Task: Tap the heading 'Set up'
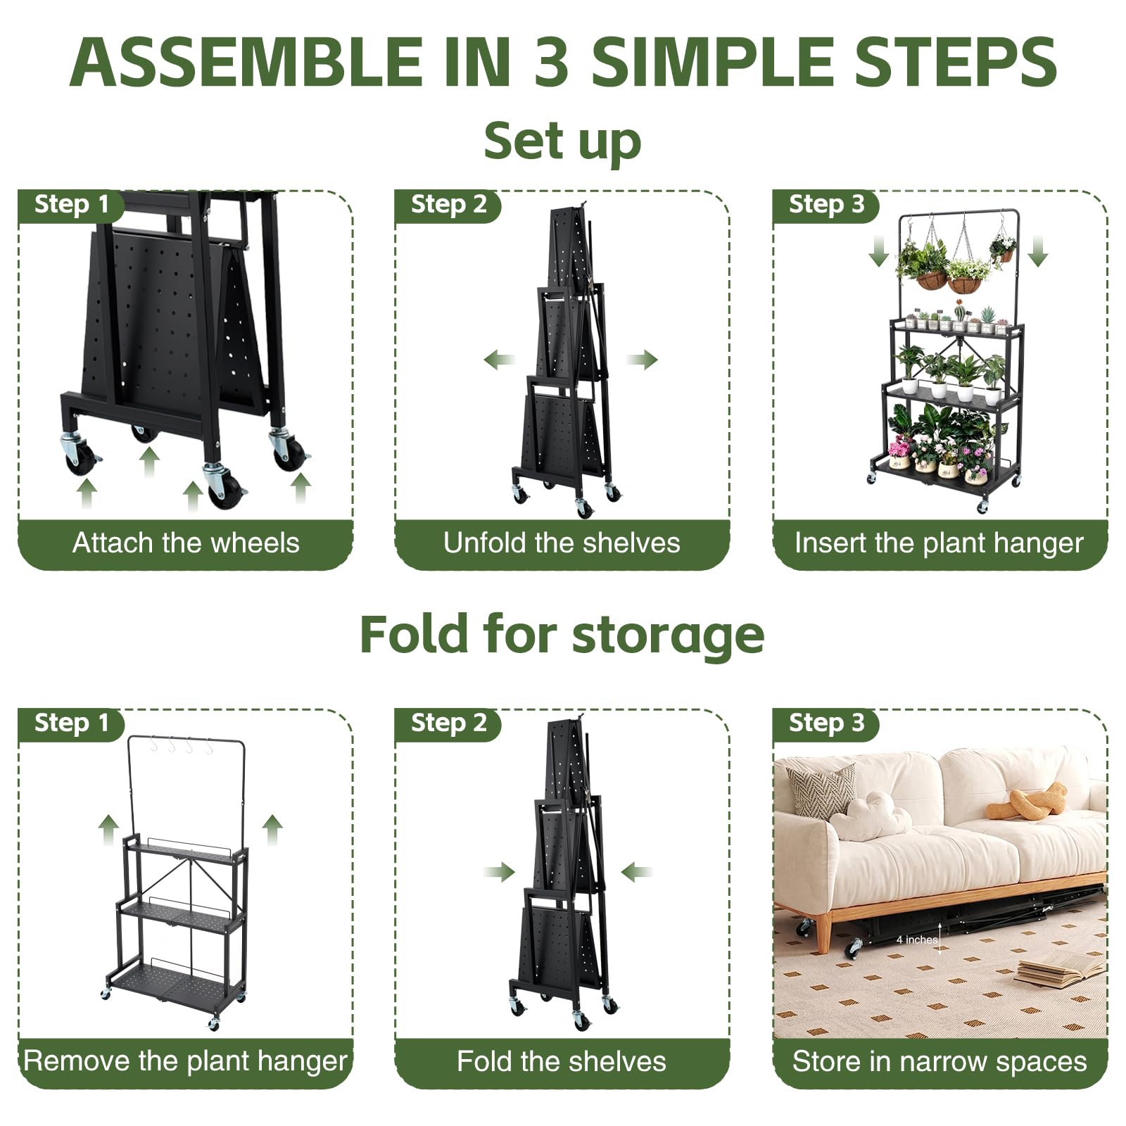562,141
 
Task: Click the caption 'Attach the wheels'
186,543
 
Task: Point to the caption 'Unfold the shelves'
562,543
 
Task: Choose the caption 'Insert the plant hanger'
939,544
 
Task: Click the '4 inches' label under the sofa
917,940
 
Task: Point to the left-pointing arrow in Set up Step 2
500,360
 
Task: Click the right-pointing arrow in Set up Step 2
642,360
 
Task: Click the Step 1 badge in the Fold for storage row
71,723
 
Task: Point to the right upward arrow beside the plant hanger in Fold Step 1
272,830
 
